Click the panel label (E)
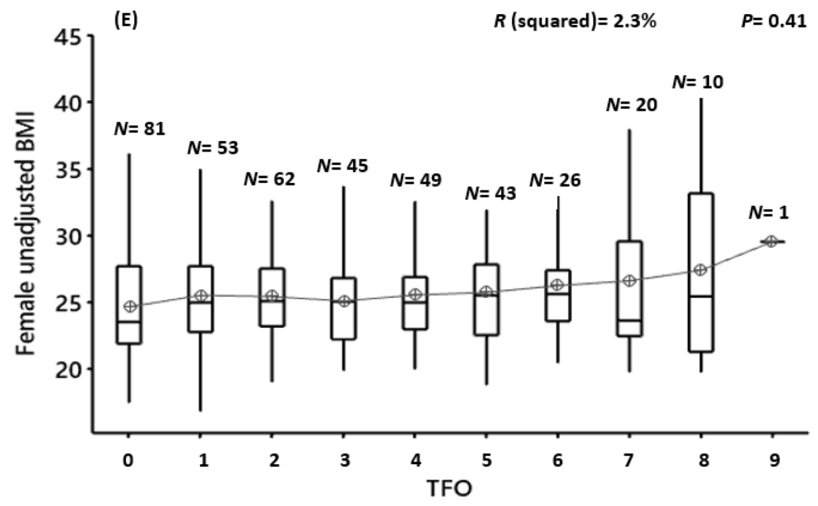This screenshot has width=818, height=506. [x=127, y=22]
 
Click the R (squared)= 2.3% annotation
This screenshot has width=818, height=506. [x=575, y=22]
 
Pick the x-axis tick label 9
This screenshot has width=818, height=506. [x=774, y=460]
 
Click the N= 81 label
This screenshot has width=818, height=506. [x=139, y=128]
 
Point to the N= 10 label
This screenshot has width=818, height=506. [x=697, y=82]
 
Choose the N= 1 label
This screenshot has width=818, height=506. [x=768, y=212]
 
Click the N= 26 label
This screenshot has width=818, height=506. [x=555, y=180]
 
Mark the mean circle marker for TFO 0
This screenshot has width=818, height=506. [x=130, y=306]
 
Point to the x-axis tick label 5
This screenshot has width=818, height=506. [x=486, y=460]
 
